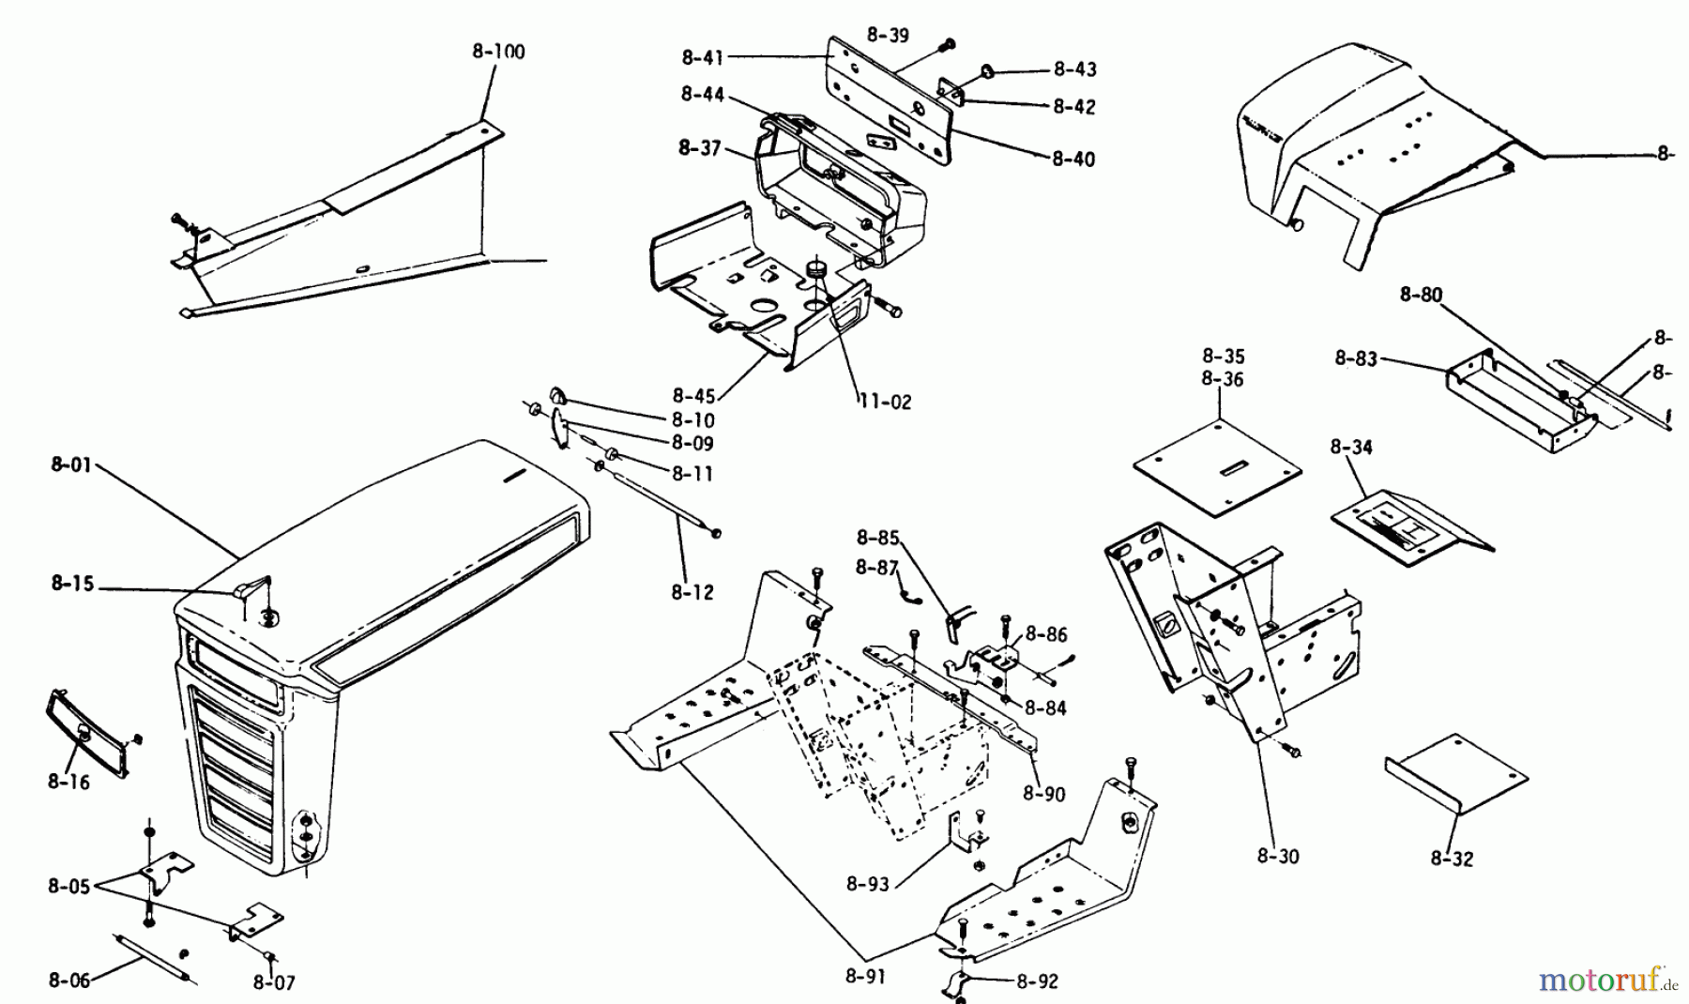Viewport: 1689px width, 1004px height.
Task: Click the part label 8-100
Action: (x=497, y=52)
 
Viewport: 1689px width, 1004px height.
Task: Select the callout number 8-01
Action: (x=71, y=464)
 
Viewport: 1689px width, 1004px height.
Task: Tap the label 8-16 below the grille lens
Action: (x=68, y=782)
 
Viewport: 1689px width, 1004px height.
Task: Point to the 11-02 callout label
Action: (x=884, y=403)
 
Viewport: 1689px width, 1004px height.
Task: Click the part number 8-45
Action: (x=693, y=395)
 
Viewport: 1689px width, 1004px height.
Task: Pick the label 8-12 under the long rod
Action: (x=692, y=592)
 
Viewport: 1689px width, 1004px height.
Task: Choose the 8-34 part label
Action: (x=1350, y=448)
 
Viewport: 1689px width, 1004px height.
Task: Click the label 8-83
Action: (x=1356, y=357)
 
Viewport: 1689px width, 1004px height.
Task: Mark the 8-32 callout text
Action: (x=1452, y=859)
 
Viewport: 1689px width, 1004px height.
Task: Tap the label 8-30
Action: (x=1278, y=856)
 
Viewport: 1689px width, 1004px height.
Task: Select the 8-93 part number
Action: (x=868, y=883)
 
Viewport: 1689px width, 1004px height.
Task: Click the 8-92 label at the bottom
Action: (x=1037, y=981)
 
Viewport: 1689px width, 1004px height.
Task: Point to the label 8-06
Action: (x=69, y=981)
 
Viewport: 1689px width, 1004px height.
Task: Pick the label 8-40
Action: (x=1073, y=160)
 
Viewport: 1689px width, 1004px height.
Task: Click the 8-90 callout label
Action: (x=1044, y=794)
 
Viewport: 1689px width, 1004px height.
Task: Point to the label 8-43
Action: (x=1074, y=69)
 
